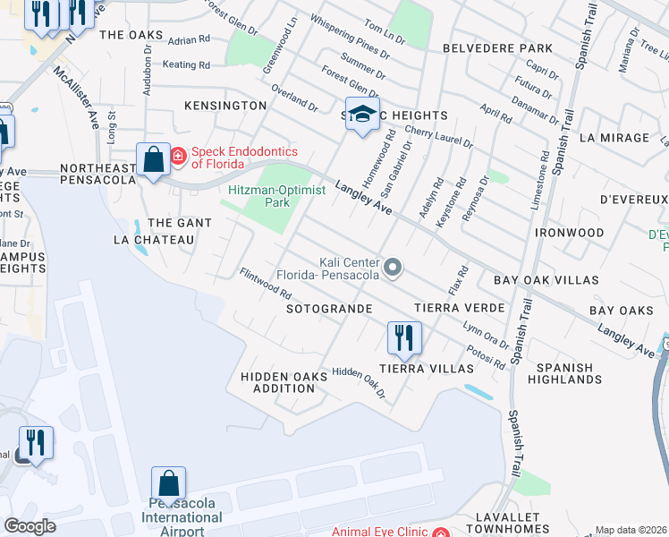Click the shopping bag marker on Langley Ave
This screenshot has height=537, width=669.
point(154,160)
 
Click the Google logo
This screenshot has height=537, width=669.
point(30,525)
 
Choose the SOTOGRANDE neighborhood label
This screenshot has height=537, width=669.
point(328,308)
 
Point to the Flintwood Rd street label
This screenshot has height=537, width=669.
point(266,283)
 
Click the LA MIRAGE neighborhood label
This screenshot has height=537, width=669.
point(614,138)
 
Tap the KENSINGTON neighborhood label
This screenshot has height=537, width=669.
point(225,106)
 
